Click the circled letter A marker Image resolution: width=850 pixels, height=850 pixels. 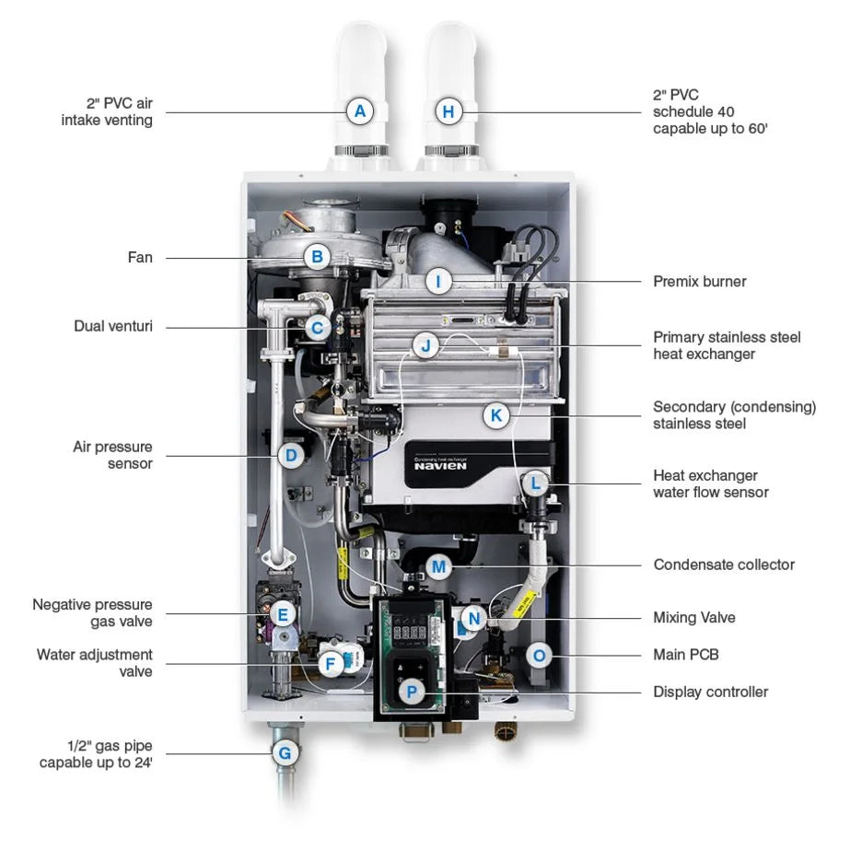coord(360,112)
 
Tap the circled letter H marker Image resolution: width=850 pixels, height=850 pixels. coord(448,112)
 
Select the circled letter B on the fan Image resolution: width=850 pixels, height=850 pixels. coord(317,258)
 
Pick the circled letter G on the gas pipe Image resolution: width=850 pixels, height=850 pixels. coord(285,753)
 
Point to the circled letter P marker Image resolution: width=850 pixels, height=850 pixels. coord(412,691)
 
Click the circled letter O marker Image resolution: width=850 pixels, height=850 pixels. coord(540,656)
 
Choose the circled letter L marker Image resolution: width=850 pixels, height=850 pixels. coord(535,483)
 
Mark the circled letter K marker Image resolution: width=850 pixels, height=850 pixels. coord(496,415)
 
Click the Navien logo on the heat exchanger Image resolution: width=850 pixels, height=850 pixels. coord(440,464)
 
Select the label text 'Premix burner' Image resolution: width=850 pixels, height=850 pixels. coord(699,281)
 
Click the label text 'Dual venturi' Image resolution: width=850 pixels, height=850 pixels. coord(113,326)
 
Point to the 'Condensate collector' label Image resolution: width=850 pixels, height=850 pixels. coord(724,565)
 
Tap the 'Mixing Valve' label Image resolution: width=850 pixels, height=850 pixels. coord(694,617)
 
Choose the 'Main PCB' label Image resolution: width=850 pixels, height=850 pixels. coord(686,655)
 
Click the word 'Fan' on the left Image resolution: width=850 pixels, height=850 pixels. coord(140,258)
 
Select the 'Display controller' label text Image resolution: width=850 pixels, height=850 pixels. coord(710,692)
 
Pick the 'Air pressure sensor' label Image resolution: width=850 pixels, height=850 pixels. coord(113,455)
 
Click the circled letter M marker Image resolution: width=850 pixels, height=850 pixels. coord(438,565)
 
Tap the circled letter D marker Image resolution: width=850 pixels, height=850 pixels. coord(290,455)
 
